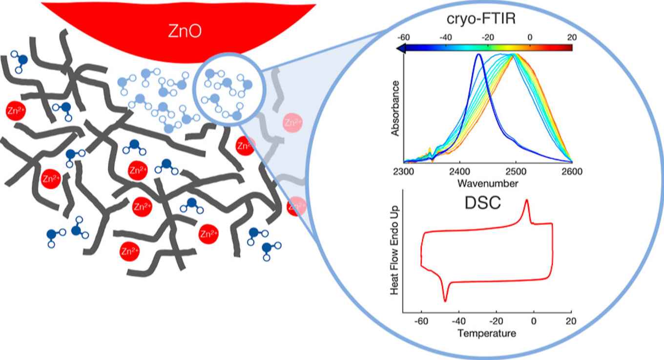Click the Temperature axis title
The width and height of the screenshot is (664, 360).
click(x=487, y=334)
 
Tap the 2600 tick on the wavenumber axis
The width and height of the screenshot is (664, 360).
click(x=572, y=171)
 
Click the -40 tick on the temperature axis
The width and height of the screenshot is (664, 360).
click(x=459, y=323)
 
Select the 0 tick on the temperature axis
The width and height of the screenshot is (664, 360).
click(x=534, y=323)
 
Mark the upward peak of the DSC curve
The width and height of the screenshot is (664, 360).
click(x=526, y=200)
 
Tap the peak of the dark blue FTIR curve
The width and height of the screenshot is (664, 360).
click(x=479, y=54)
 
